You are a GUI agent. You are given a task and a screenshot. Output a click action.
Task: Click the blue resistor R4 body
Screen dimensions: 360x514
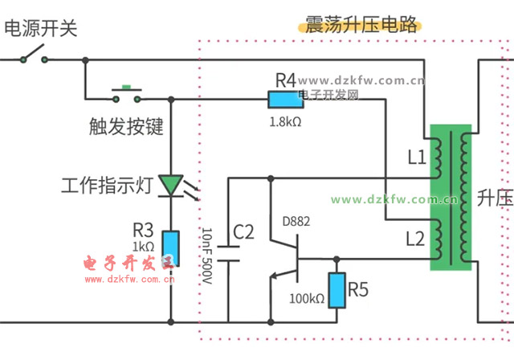click(x=285, y=100)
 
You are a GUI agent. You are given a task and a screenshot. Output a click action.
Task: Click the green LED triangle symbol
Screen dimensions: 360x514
click(x=171, y=186)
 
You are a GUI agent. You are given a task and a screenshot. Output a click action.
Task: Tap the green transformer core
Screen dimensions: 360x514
click(x=449, y=197)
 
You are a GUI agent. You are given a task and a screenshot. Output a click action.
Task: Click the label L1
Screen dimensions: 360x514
click(x=416, y=158)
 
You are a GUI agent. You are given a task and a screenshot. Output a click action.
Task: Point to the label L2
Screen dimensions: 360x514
click(x=415, y=239)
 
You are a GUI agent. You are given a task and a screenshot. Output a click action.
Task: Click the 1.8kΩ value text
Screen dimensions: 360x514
click(x=285, y=121)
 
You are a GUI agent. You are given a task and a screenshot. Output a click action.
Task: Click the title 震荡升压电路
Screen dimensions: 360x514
click(x=361, y=24)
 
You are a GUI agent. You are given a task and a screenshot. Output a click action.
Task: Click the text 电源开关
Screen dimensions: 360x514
click(x=41, y=30)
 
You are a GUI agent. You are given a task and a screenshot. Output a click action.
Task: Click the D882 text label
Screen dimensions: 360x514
click(x=296, y=221)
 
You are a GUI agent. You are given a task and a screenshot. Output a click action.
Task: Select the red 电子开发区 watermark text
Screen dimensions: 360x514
click(x=128, y=263)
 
